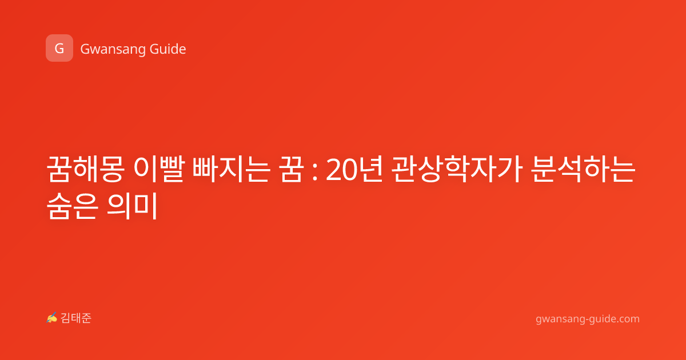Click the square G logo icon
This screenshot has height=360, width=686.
click(x=59, y=48)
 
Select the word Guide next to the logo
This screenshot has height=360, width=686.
click(x=168, y=49)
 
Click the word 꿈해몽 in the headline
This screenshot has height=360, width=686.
click(x=85, y=169)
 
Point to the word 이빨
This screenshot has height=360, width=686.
click(x=159, y=169)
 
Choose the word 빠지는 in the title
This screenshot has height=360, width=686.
click(x=231, y=169)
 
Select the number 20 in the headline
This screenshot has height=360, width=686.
click(x=341, y=170)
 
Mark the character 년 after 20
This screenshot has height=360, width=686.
click(x=370, y=169)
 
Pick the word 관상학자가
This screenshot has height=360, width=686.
click(x=457, y=169)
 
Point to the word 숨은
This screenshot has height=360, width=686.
click(x=73, y=205)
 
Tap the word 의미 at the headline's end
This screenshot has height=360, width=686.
click(x=132, y=205)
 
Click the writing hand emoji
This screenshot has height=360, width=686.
click(x=51, y=318)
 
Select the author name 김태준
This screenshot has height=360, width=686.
click(x=76, y=318)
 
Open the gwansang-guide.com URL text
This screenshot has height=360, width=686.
click(x=588, y=319)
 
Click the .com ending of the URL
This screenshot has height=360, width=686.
click(x=627, y=319)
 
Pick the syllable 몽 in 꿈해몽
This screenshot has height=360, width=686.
click(x=111, y=169)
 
